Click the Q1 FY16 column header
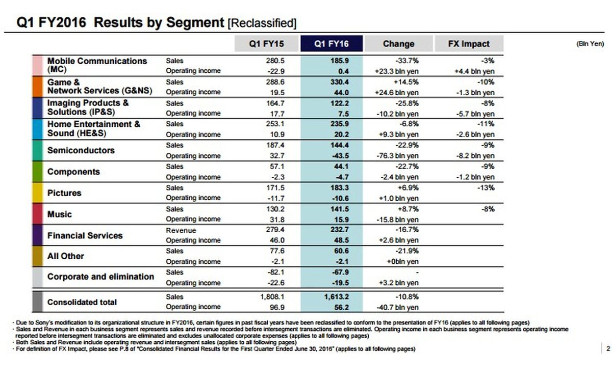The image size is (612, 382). [331, 44]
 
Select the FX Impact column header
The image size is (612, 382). [469, 44]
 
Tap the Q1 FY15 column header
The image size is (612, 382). [266, 44]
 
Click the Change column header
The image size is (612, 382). [398, 44]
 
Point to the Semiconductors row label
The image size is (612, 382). [81, 151]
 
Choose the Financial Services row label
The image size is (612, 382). [85, 236]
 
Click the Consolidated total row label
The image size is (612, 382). [82, 302]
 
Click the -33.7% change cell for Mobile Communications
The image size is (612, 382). [406, 61]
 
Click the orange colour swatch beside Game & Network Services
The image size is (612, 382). [37, 87]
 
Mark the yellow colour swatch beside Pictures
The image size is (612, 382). [37, 193]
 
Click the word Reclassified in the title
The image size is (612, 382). [262, 23]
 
